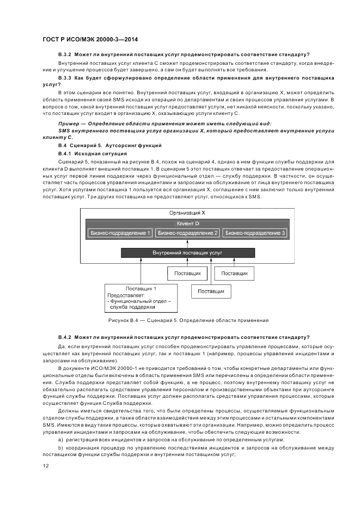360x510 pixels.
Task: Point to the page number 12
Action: (x=45, y=466)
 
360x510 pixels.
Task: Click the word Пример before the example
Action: (x=69, y=124)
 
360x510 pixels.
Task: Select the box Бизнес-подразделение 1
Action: (x=119, y=233)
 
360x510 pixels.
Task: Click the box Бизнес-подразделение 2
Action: (x=187, y=233)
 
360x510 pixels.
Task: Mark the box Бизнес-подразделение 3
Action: (x=255, y=233)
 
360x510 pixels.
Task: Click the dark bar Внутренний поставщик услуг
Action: (x=187, y=253)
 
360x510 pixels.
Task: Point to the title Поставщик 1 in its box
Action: (x=141, y=288)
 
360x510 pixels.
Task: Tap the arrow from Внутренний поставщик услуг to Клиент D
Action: (x=187, y=244)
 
